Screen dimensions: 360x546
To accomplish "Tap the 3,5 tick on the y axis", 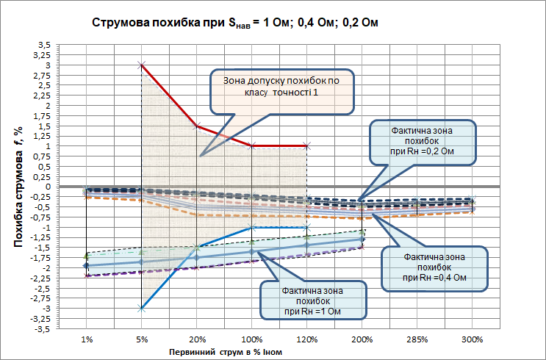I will (x=43, y=45).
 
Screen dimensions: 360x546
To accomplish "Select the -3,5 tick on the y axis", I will (x=43, y=329).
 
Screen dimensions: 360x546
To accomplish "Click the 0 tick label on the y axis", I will (x=47, y=187).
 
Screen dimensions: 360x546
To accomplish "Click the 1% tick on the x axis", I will (x=87, y=341).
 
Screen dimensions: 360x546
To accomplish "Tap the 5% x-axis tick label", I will (x=142, y=341).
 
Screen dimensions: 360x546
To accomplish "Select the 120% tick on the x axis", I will (x=307, y=341).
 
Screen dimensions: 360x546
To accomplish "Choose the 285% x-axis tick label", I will (x=417, y=341).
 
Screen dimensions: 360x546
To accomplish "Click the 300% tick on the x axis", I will (x=473, y=341).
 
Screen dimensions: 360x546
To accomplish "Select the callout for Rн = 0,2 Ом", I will (x=422, y=140).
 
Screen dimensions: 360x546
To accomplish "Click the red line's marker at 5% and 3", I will (x=142, y=65).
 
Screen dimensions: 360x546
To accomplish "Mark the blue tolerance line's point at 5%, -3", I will (x=142, y=309).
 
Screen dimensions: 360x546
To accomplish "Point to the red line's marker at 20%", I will (x=197, y=126).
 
